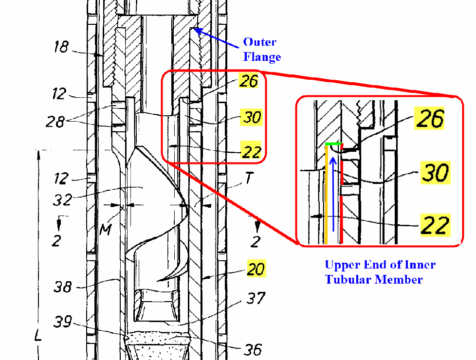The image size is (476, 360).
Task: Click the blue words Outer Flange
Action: point(262,50)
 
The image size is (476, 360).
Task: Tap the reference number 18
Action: point(61,47)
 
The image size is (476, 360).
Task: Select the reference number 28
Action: point(55,122)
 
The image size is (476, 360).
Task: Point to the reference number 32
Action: point(62,200)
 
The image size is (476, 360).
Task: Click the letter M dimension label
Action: point(106,230)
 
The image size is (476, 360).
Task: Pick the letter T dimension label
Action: point(249,178)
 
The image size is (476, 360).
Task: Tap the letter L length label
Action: point(38,335)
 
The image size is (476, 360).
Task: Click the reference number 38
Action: point(63,287)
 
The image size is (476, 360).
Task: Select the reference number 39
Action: point(63,322)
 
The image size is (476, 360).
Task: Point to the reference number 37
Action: point(256,298)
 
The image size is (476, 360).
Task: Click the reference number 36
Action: point(253,350)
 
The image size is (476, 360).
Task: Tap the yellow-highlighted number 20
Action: point(256,269)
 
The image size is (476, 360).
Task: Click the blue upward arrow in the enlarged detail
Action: point(333,194)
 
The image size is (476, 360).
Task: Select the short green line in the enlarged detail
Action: point(334,144)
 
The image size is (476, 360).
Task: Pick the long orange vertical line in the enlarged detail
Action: point(326,194)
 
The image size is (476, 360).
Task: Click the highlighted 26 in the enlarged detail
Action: point(429,118)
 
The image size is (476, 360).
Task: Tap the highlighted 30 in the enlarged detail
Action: point(435,173)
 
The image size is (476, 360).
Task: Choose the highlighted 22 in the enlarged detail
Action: point(435,225)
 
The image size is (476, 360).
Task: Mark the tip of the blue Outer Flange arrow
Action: point(194,29)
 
